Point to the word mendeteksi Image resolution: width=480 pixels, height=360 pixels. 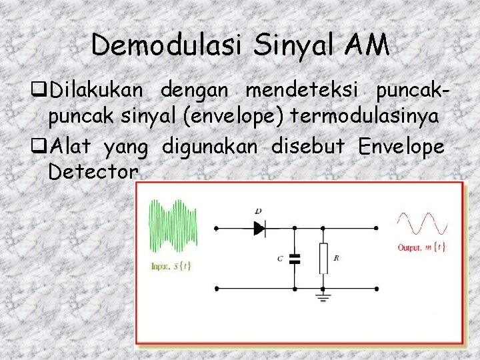[x=304, y=89]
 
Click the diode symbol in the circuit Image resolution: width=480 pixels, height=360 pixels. [x=259, y=228]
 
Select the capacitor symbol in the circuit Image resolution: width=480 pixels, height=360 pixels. [x=295, y=259]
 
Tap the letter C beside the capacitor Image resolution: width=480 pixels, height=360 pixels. [x=280, y=258]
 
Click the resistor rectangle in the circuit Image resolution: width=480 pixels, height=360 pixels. [x=323, y=258]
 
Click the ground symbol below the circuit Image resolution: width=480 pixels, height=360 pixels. [x=324, y=297]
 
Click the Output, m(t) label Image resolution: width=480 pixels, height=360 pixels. [x=421, y=248]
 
